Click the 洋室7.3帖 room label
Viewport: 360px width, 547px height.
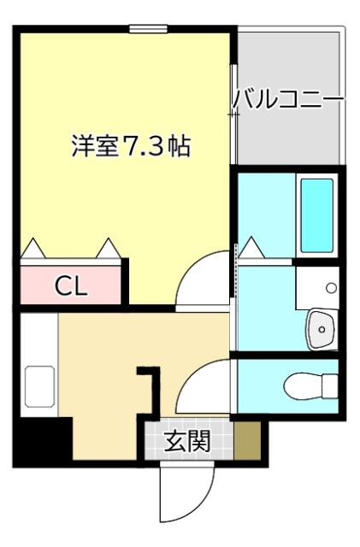coord(129,146)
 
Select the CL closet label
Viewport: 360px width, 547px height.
coord(72,286)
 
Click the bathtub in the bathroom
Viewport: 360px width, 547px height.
coord(316,215)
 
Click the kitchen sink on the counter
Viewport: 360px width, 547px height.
coord(39,386)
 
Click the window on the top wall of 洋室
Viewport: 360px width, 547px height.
coord(148,29)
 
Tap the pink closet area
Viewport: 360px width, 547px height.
coord(72,285)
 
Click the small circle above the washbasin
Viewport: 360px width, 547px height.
coord(331,287)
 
